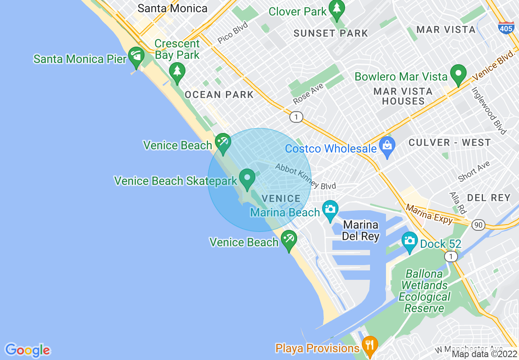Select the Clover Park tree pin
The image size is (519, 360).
pyautogui.click(x=336, y=9)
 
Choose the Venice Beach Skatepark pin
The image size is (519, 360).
pyautogui.click(x=247, y=179)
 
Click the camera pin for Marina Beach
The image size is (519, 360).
pyautogui.click(x=330, y=209)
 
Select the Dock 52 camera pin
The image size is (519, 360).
pyautogui.click(x=409, y=242)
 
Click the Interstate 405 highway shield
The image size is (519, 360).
pyautogui.click(x=506, y=28)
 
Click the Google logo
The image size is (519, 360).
pyautogui.click(x=27, y=350)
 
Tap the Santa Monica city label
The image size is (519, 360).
pyautogui.click(x=172, y=8)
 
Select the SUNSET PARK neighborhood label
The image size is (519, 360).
pyautogui.click(x=331, y=33)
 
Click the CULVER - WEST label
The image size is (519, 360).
pyautogui.click(x=449, y=142)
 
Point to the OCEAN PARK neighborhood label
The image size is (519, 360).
pyautogui.click(x=219, y=95)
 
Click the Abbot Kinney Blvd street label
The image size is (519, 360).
pyautogui.click(x=305, y=176)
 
